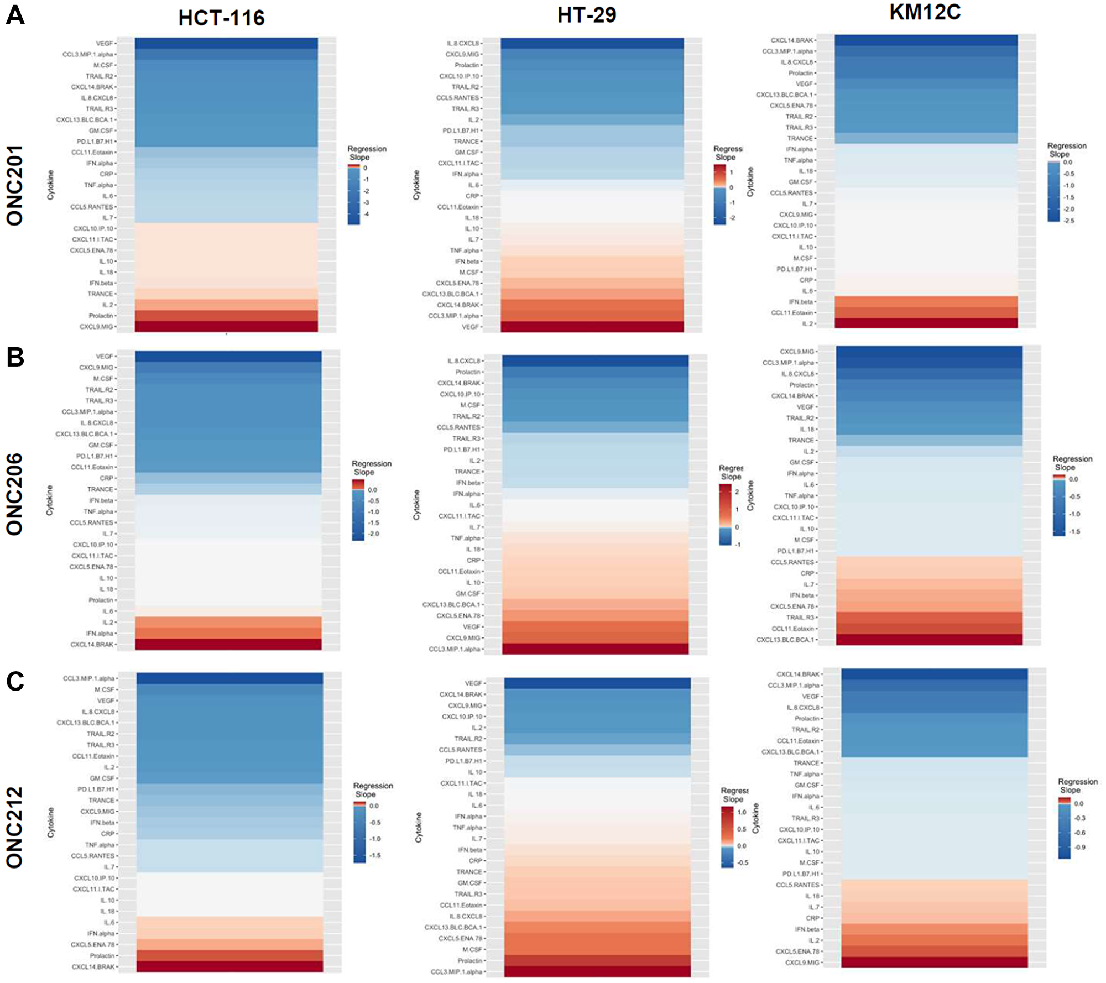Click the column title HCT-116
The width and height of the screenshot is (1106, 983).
tap(221, 18)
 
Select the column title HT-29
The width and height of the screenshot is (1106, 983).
tap(587, 15)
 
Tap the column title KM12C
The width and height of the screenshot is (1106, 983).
tap(925, 12)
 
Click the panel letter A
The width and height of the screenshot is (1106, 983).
tap(15, 15)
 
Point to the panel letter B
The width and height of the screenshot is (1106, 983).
tap(15, 357)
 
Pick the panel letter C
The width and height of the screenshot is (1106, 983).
tap(15, 681)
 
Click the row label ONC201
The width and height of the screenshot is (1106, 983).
tap(15, 185)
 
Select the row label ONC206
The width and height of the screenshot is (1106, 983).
tap(15, 494)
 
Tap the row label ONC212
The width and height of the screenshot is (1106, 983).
tap(15, 827)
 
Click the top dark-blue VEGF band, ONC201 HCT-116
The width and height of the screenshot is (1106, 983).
tap(226, 43)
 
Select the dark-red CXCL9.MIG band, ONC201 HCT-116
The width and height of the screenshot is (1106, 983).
tap(226, 326)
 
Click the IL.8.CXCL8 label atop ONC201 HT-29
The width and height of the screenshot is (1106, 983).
tap(463, 43)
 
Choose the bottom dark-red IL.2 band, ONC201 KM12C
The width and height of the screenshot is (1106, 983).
tap(926, 323)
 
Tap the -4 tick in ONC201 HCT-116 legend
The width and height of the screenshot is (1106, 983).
tap(366, 215)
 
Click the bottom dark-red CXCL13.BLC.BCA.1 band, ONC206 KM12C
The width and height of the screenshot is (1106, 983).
tap(929, 640)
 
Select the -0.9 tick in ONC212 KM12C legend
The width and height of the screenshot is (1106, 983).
tap(1080, 847)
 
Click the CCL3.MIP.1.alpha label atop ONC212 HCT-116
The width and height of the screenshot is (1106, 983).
tap(88, 678)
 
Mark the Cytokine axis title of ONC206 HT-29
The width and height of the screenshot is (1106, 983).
tap(416, 505)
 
